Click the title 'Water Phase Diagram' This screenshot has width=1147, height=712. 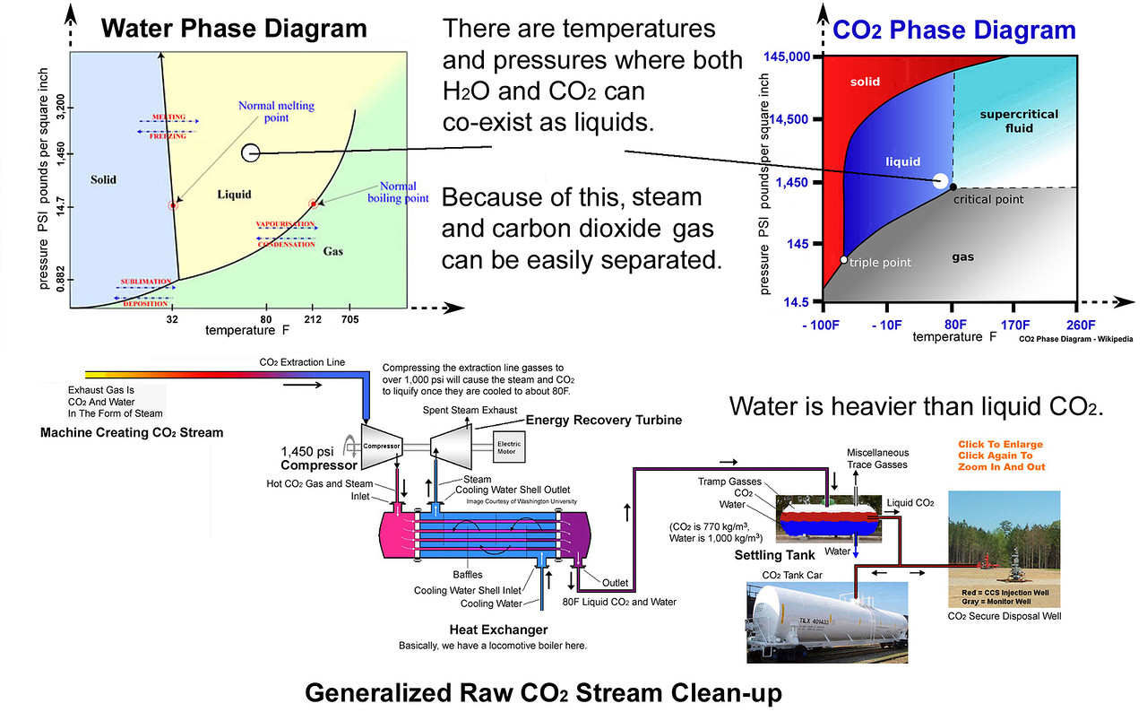pos(233,28)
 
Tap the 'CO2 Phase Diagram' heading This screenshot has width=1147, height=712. pos(953,30)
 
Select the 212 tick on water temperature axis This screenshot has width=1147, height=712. pos(313,318)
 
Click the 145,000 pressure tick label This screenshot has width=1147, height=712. pos(787,56)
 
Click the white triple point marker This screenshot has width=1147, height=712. pos(843,260)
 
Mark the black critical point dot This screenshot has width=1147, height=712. pos(953,187)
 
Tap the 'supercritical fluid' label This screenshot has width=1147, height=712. pos(1019,121)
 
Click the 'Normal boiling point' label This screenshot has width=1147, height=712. pos(392,192)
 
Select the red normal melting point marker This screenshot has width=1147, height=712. pos(173,205)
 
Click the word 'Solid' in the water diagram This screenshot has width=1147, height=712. pos(104,179)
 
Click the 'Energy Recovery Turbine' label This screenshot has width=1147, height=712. pos(603,420)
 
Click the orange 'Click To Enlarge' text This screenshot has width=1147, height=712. pos(1001,444)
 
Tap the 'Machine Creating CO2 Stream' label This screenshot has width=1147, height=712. pos(132,432)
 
